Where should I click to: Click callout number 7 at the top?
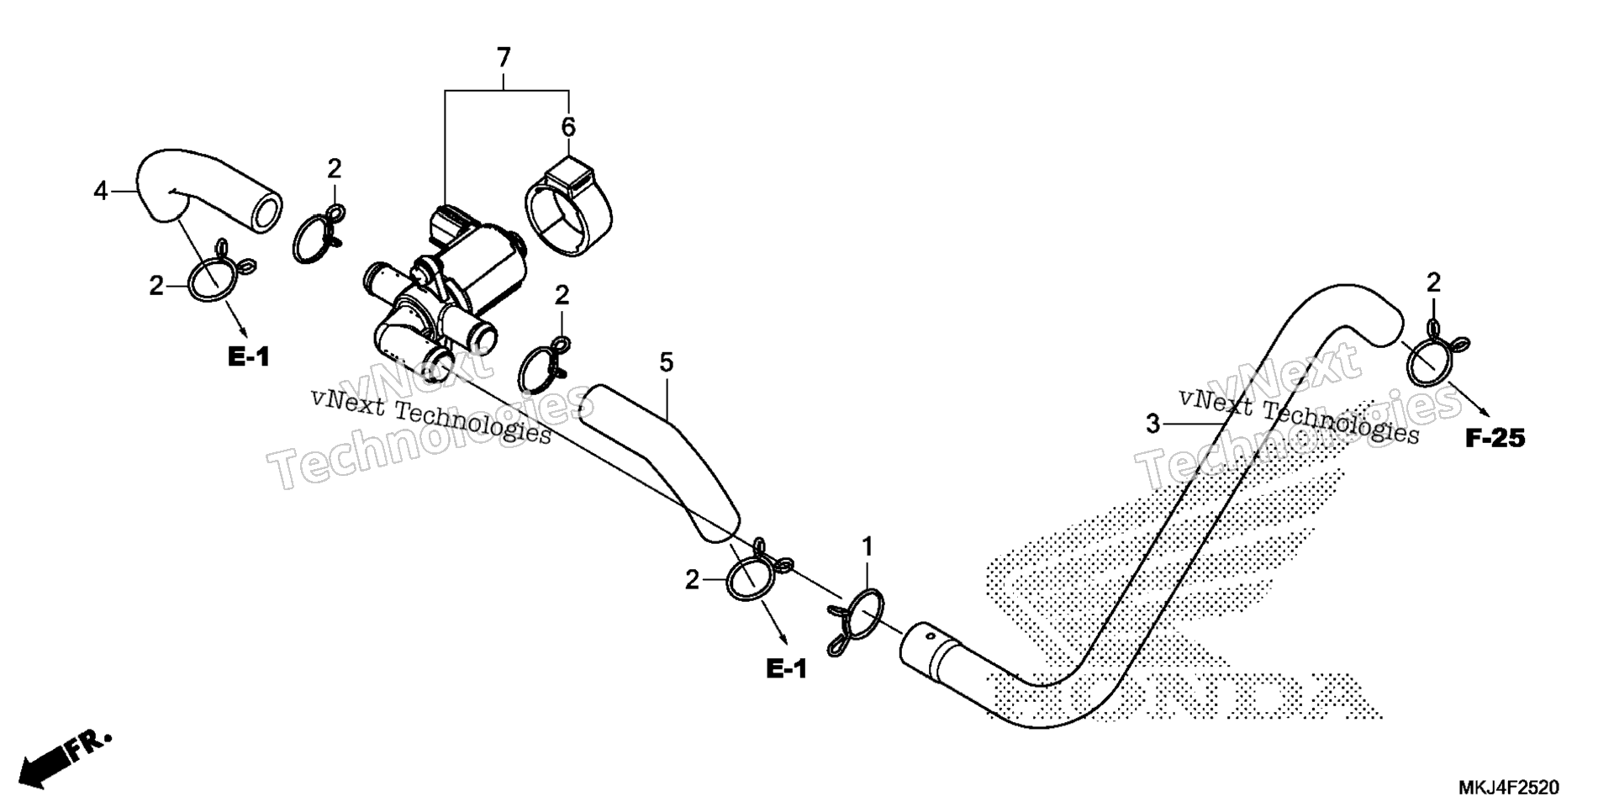[x=504, y=59]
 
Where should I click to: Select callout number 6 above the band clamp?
[x=569, y=128]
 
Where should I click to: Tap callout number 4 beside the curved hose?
[x=101, y=192]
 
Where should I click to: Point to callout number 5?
[x=666, y=363]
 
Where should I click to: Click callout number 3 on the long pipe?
[x=1153, y=425]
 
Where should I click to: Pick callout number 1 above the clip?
[x=868, y=547]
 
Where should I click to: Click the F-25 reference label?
[x=1495, y=438]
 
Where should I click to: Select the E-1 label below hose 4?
[x=249, y=357]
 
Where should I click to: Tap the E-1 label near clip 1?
[x=787, y=669]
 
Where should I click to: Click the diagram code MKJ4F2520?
[x=1508, y=789]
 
